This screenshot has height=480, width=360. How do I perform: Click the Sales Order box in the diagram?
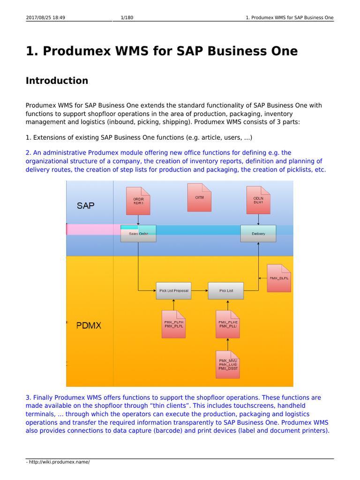(138, 233)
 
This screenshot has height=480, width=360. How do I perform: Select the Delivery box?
(258, 233)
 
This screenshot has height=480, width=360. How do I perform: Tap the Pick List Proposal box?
(174, 291)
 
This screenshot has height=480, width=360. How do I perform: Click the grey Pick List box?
(226, 291)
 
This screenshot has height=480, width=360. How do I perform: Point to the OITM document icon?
(199, 197)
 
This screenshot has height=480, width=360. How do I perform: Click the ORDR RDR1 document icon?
(138, 201)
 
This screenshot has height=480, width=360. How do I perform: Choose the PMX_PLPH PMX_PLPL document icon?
(174, 324)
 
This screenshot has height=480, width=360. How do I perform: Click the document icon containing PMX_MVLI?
(228, 364)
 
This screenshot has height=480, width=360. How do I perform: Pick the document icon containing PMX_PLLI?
(228, 324)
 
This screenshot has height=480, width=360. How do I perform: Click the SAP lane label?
(86, 205)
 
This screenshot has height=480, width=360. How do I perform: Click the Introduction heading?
(57, 81)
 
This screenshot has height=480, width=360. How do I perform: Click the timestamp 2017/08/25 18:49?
(45, 18)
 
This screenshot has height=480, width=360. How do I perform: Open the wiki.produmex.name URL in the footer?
(59, 462)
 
